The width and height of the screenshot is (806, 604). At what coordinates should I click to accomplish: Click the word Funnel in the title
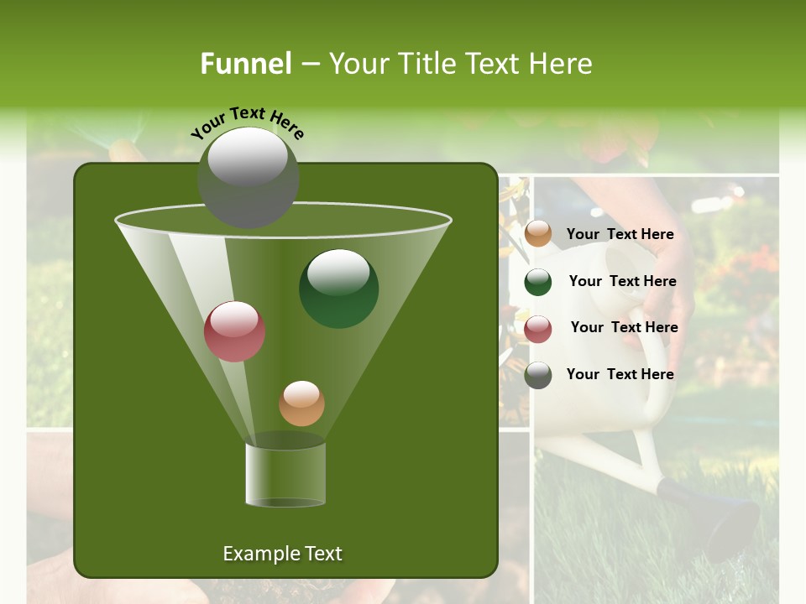pyautogui.click(x=245, y=64)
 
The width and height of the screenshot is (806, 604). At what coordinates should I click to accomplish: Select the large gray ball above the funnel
pyautogui.click(x=248, y=178)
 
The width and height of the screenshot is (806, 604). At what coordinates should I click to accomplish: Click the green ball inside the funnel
pyautogui.click(x=338, y=289)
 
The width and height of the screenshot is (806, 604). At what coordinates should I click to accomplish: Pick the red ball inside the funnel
pyautogui.click(x=234, y=331)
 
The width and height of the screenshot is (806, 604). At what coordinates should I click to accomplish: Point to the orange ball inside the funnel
pyautogui.click(x=301, y=404)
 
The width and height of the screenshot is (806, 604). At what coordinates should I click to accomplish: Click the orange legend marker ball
pyautogui.click(x=538, y=234)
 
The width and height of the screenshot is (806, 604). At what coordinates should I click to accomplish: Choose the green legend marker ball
pyautogui.click(x=538, y=282)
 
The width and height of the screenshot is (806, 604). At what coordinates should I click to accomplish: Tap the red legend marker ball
pyautogui.click(x=538, y=329)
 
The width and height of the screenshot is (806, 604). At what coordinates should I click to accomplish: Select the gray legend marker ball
pyautogui.click(x=538, y=375)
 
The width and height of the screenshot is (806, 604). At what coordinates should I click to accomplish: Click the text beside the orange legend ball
pyautogui.click(x=620, y=234)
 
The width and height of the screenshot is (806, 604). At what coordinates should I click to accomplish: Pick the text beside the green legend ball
pyautogui.click(x=622, y=281)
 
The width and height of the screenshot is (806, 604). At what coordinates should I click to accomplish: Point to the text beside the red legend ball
pyautogui.click(x=624, y=327)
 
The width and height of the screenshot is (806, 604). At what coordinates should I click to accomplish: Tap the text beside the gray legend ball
pyautogui.click(x=620, y=374)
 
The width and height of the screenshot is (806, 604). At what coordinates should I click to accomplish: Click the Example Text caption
pyautogui.click(x=282, y=554)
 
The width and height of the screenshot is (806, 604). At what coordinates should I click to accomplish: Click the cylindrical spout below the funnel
pyautogui.click(x=285, y=474)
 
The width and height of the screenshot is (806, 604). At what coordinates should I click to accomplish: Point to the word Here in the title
pyautogui.click(x=561, y=64)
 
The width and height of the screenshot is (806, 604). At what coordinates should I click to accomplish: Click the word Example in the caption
pyautogui.click(x=256, y=554)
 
